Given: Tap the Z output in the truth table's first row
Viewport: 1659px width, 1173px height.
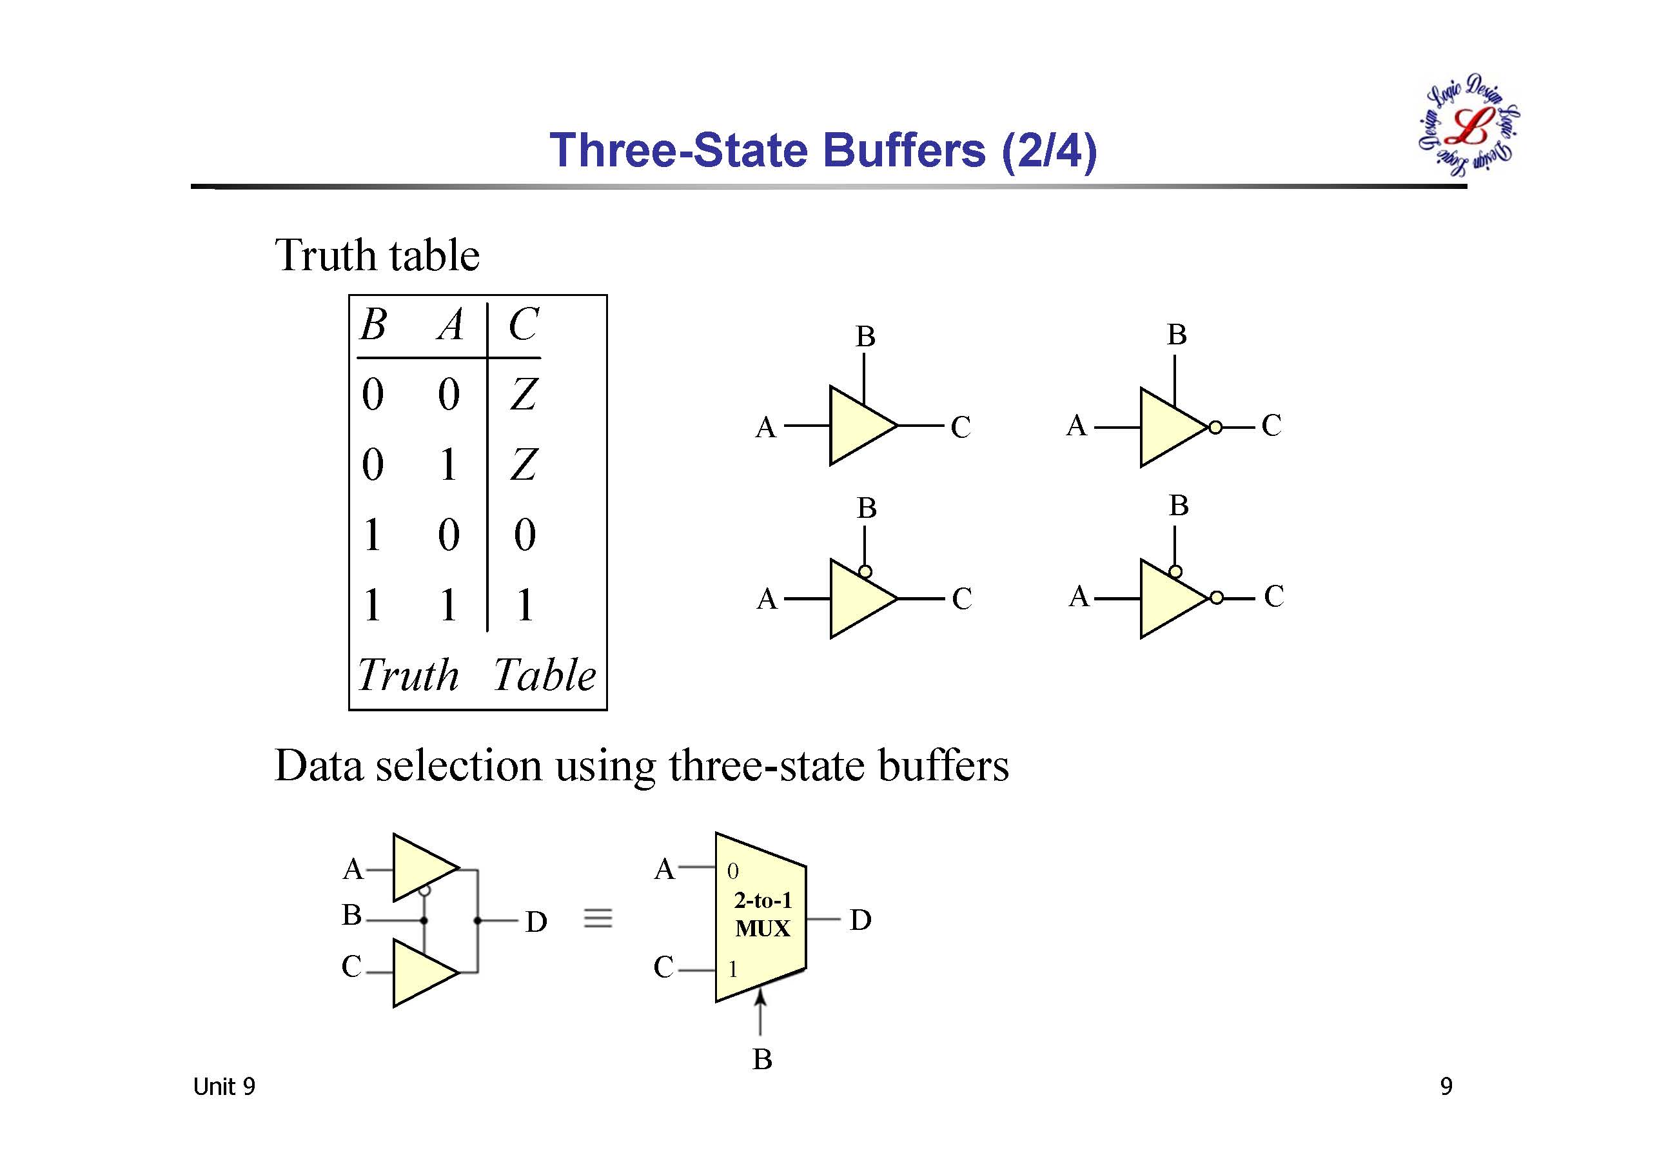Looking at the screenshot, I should pos(523,394).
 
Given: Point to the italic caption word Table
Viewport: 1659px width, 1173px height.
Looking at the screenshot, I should pos(545,675).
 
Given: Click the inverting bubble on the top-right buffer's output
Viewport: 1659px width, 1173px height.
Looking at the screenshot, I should pos(1215,427).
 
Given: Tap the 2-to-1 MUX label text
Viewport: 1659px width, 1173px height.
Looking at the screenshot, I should pos(763,914).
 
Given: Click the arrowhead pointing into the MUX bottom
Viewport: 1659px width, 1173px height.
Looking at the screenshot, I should pos(760,998).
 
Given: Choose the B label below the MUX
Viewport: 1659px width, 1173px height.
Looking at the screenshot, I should pos(762,1060).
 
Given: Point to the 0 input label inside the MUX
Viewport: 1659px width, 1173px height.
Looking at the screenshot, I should pos(732,871).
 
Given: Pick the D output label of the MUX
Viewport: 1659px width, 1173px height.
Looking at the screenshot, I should pos(860,920).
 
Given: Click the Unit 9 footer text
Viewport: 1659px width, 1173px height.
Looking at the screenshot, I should pos(224,1087).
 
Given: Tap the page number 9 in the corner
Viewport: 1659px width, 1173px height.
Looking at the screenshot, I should pos(1446,1087).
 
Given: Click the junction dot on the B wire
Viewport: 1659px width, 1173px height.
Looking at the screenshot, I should pos(424,920).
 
